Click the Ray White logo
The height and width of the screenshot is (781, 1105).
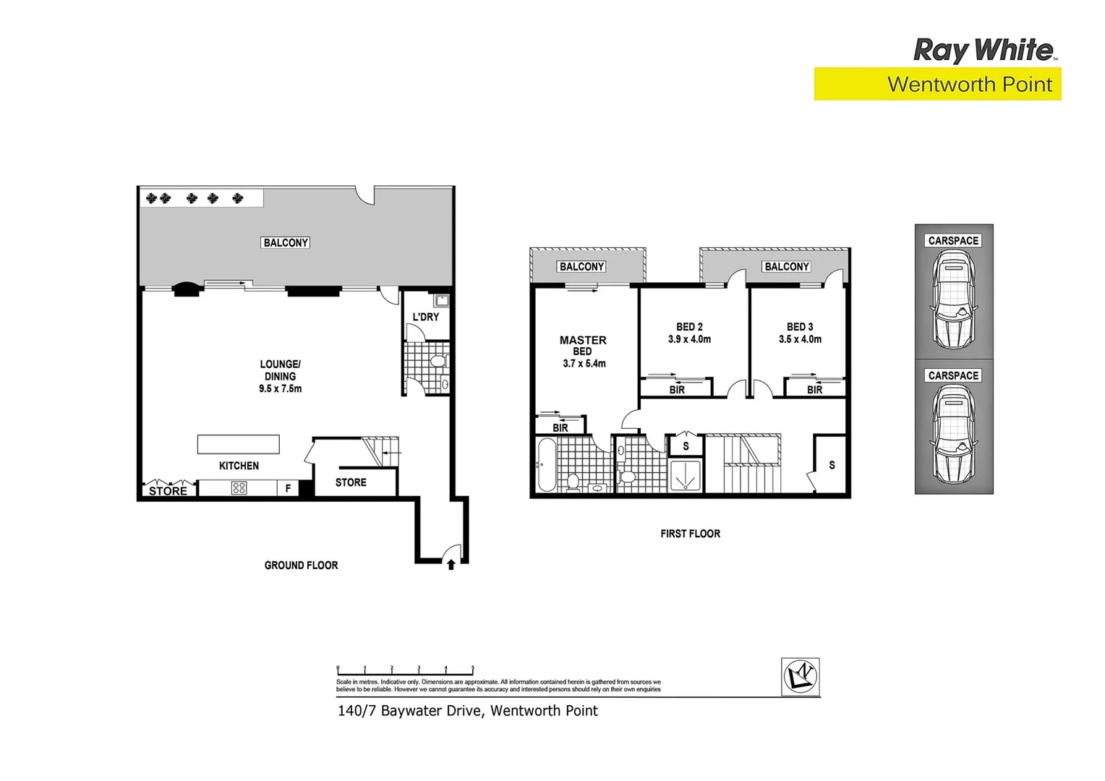[x=984, y=51]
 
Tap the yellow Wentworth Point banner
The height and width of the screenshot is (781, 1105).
[x=937, y=84]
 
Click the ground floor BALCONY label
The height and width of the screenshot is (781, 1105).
[x=286, y=243]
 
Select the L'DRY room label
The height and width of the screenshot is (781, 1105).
[x=425, y=317]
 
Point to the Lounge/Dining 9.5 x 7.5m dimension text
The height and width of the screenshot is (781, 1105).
[x=281, y=389]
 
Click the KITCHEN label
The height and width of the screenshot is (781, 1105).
[x=239, y=466]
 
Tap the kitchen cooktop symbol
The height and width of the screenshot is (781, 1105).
[x=239, y=488]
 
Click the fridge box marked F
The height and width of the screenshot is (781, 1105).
[x=288, y=489]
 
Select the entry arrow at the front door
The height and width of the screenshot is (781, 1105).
[x=451, y=565]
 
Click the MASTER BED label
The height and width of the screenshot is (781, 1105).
[x=583, y=345]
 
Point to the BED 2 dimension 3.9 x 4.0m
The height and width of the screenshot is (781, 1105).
[x=689, y=339]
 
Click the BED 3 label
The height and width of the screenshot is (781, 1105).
[x=800, y=327]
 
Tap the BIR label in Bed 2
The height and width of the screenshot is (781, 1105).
[x=677, y=390]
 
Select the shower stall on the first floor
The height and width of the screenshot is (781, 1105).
[x=685, y=476]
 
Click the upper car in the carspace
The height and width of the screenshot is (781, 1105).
[x=953, y=300]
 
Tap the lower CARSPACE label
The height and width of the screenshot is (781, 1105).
[x=953, y=376]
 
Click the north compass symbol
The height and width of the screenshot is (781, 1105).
[x=801, y=677]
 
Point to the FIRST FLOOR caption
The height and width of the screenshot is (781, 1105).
[x=690, y=534]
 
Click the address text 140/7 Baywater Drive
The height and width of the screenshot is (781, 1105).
[x=467, y=711]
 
